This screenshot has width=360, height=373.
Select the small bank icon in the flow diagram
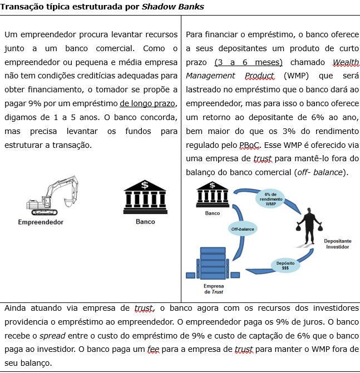coord(213,198)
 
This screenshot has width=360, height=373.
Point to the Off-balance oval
coord(243,228)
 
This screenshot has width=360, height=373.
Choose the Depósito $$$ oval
coord(285,265)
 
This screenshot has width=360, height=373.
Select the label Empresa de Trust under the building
coord(214,289)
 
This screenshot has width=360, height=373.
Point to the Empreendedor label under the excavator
coord(41,222)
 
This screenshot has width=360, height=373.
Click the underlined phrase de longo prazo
coord(149,104)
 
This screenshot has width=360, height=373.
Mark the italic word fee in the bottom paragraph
coord(153,349)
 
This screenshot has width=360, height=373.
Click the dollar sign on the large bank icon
coord(145,185)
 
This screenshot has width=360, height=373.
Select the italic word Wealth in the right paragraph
coord(346,62)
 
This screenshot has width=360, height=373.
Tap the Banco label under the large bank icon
coord(145,222)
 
